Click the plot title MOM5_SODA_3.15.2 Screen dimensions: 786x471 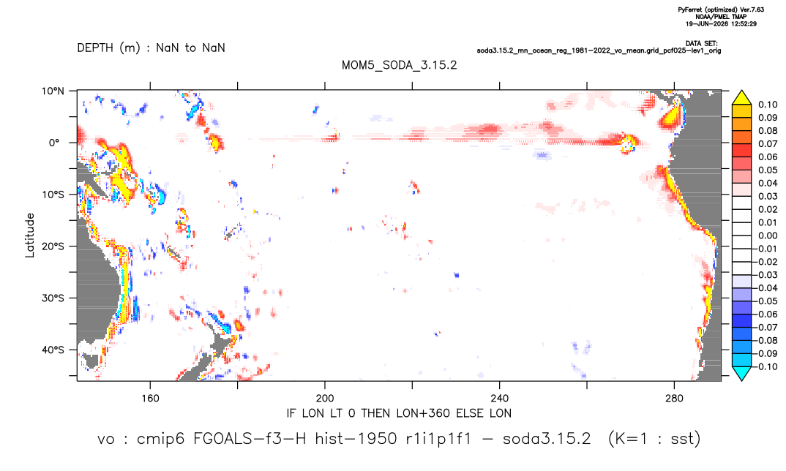pyautogui.click(x=399, y=65)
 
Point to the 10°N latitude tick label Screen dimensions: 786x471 pyautogui.click(x=53, y=91)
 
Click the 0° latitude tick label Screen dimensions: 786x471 pyautogui.click(x=54, y=143)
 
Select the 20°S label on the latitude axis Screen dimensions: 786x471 pyautogui.click(x=53, y=246)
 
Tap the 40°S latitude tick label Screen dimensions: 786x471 pyautogui.click(x=53, y=350)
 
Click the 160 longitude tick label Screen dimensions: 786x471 pyautogui.click(x=150, y=399)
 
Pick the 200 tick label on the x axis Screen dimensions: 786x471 pyautogui.click(x=325, y=399)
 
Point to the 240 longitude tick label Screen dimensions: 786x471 pyautogui.click(x=499, y=399)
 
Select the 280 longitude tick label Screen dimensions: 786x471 pyautogui.click(x=674, y=399)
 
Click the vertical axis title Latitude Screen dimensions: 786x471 pyautogui.click(x=29, y=235)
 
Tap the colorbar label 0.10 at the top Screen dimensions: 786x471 pyautogui.click(x=768, y=105)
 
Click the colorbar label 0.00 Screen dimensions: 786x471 pyautogui.click(x=768, y=235)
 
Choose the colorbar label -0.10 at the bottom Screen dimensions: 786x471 pyautogui.click(x=766, y=366)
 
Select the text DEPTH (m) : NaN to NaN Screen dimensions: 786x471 pyautogui.click(x=151, y=48)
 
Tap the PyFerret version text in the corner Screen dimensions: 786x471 pyautogui.click(x=721, y=10)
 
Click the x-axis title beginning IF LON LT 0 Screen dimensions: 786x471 pyautogui.click(x=399, y=413)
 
